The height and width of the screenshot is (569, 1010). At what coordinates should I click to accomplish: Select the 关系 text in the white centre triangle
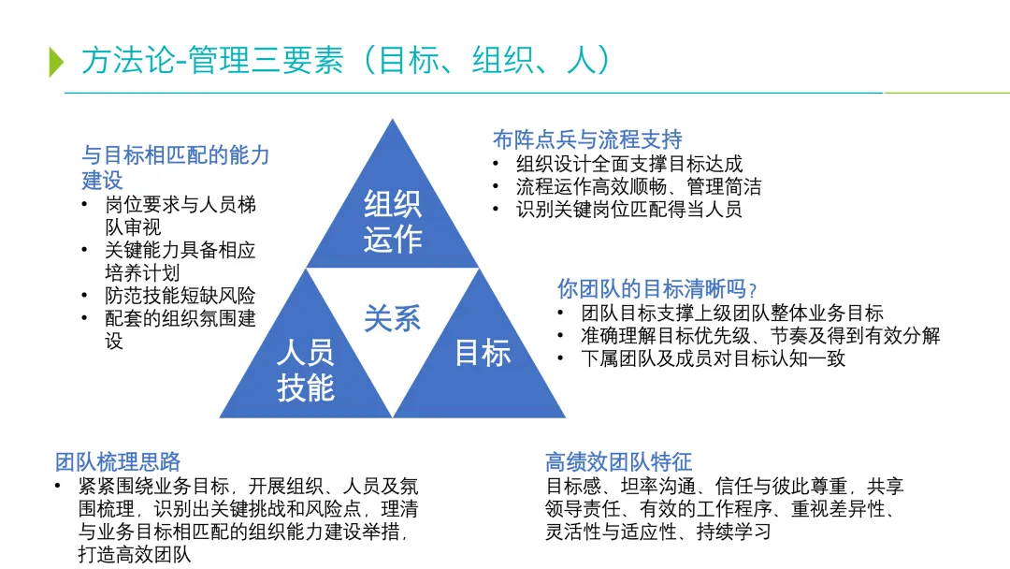(393, 318)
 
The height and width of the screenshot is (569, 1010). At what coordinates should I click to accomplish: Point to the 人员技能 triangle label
(305, 371)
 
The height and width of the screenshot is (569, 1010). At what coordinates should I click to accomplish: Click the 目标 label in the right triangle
(483, 353)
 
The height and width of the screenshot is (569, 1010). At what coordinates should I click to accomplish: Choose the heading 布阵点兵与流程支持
(587, 139)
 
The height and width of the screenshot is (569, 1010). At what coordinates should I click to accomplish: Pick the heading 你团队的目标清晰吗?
(656, 289)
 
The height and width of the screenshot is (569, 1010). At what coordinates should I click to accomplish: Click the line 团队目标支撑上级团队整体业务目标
(731, 314)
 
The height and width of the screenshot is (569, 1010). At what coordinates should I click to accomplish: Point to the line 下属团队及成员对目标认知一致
(713, 357)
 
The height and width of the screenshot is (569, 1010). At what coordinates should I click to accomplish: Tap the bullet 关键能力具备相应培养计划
(180, 261)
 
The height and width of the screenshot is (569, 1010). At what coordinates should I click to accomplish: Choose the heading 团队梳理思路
(118, 461)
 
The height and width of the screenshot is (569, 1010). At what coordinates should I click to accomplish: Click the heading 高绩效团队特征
(618, 461)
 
